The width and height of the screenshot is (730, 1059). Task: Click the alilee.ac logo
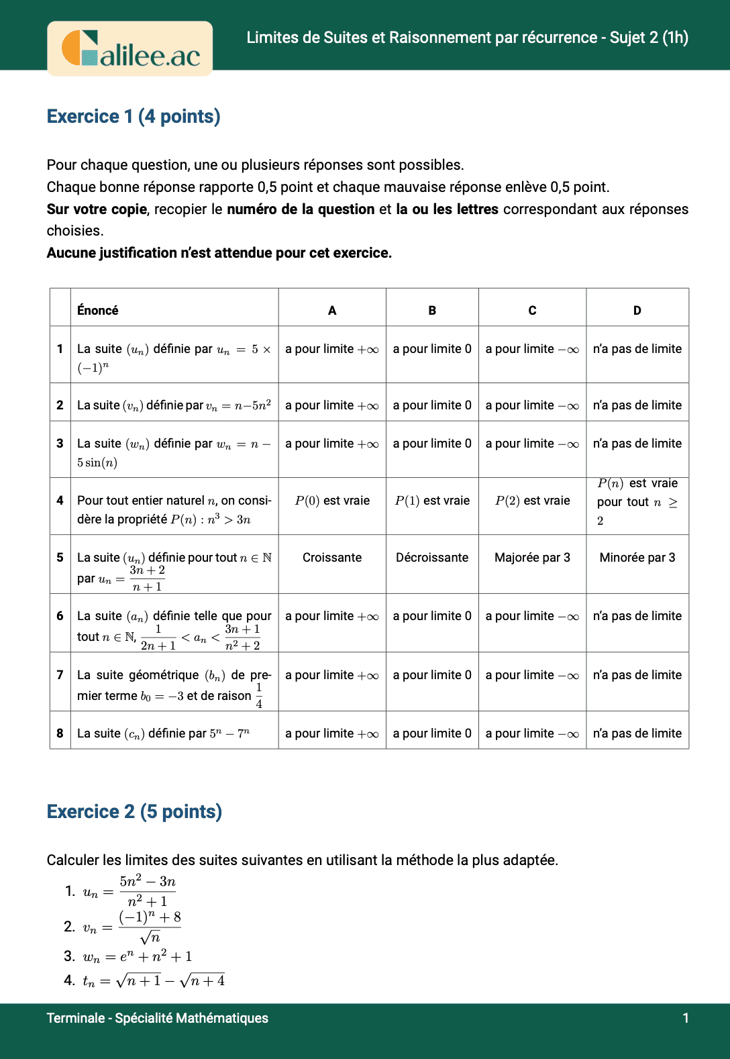coord(130,48)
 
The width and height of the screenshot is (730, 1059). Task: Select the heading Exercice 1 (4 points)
coord(134,116)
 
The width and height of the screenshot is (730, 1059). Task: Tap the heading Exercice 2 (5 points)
coord(134,811)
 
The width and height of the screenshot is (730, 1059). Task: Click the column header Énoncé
coord(98,310)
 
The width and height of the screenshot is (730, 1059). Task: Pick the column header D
coord(637,310)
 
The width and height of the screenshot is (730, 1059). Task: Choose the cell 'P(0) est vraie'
coord(332,501)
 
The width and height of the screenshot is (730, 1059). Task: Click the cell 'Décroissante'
coord(432,558)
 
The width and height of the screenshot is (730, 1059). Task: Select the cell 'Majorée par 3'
coord(532,558)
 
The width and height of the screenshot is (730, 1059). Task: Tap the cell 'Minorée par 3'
coord(637,558)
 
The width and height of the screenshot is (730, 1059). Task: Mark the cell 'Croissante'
coord(332,558)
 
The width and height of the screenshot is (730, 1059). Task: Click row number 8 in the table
coord(60,734)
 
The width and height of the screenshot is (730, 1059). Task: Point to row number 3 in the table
coord(60,444)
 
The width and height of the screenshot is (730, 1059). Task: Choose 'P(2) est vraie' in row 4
coord(532,501)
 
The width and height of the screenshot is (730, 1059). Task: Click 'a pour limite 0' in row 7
coord(432,675)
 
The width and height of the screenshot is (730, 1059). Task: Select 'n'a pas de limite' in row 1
coord(637,349)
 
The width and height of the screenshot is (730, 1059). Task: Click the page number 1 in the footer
coord(686,1018)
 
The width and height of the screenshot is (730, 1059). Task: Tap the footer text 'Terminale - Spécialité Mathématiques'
coord(157,1018)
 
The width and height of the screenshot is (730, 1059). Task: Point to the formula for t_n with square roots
coord(154,980)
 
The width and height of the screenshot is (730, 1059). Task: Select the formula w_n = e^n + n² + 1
coord(138,956)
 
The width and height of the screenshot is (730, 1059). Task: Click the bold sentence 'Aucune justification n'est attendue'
coord(219,253)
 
